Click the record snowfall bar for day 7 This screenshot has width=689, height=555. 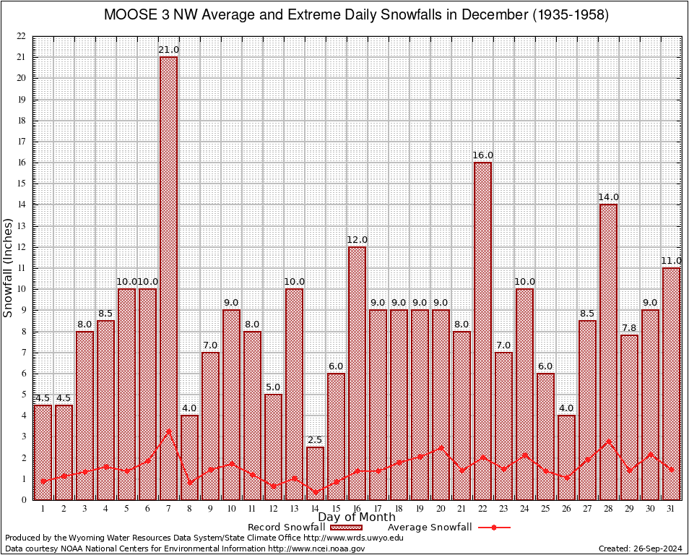tap(168, 278)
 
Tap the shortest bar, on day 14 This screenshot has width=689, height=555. tap(315, 473)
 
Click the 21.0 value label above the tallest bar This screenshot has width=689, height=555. tap(168, 49)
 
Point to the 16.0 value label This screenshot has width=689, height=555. tap(482, 155)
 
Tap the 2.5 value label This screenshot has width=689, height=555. tap(315, 440)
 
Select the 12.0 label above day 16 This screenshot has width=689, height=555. tap(357, 240)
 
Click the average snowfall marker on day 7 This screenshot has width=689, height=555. tap(168, 431)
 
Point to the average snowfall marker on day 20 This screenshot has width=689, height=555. tap(441, 447)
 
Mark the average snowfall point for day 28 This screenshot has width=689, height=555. tap(608, 441)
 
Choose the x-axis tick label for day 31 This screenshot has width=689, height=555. tap(671, 509)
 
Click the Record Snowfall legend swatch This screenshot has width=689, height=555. tap(345, 528)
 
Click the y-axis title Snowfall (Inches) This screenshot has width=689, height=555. tap(9, 268)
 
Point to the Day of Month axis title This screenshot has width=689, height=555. tap(356, 517)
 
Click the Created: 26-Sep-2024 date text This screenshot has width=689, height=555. tap(641, 548)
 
